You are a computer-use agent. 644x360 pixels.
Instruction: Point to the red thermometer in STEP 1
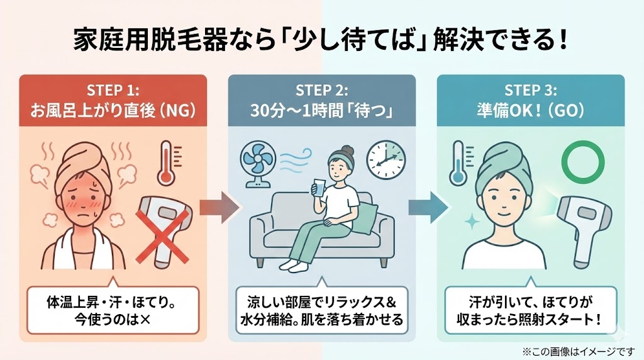[x=166, y=162]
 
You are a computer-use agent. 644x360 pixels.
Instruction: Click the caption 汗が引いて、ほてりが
[x=531, y=298]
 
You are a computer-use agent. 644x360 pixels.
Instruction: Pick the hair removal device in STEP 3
[x=582, y=227]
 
